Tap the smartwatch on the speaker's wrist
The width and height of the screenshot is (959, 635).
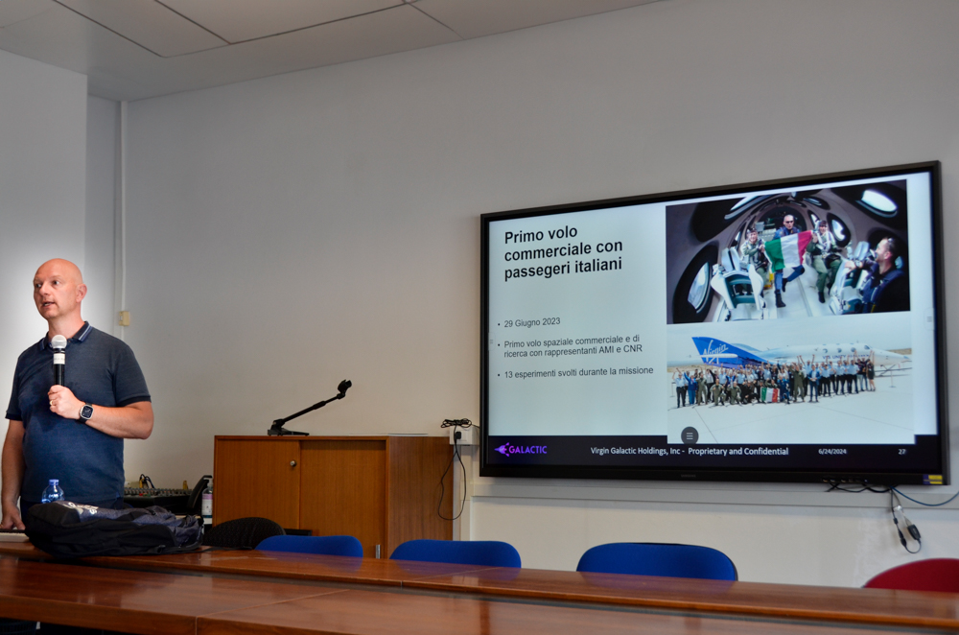(85, 412)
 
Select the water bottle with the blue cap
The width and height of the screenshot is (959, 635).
(53, 491)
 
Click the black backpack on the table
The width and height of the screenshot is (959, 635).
(113, 528)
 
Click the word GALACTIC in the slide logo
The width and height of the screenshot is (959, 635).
(527, 450)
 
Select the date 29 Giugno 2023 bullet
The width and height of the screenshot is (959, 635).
(531, 322)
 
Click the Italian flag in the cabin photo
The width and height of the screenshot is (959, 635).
(788, 250)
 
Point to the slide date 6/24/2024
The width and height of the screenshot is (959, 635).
(831, 452)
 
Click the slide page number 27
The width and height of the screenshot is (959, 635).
(901, 452)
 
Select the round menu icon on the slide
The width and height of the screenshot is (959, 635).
(690, 435)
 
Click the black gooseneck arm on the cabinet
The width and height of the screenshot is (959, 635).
(310, 408)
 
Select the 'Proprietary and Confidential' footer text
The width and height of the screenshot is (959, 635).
(738, 452)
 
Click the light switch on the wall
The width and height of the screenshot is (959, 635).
(124, 318)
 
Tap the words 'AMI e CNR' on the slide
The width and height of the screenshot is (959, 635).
(623, 349)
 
